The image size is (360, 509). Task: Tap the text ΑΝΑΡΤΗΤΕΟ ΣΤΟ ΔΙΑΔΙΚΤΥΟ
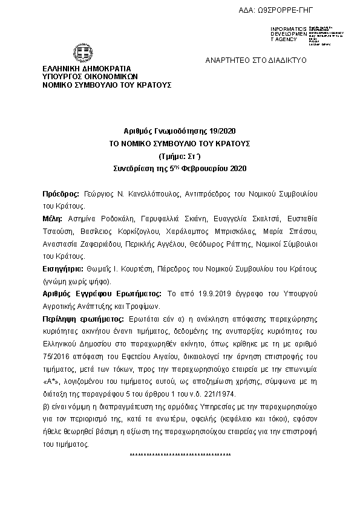click(257, 61)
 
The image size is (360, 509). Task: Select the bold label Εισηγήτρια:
click(62, 270)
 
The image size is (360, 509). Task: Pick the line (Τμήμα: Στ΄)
click(180, 155)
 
